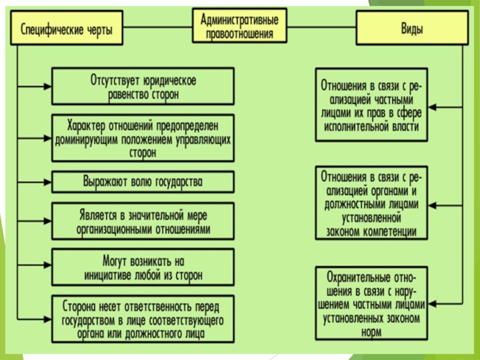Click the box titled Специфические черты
(67, 28)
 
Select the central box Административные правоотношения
(239, 26)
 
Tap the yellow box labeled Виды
(412, 28)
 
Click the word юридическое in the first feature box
(169, 81)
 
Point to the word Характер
(86, 126)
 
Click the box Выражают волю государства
(143, 182)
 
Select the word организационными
(114, 230)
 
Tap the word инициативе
(107, 275)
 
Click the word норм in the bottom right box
(371, 332)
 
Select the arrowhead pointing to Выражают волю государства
(48, 182)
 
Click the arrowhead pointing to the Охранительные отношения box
(431, 304)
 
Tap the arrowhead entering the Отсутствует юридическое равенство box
(48, 86)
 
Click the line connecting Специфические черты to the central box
(158, 27)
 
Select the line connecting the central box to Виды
(322, 27)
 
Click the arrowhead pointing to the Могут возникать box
(48, 265)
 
